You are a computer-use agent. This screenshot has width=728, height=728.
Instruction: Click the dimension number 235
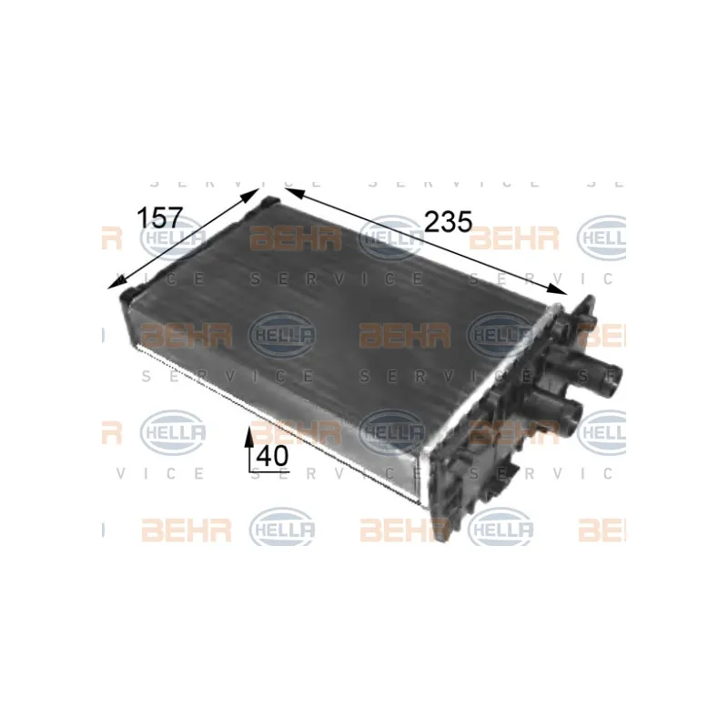tap(448, 221)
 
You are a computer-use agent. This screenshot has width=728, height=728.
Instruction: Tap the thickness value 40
tap(272, 457)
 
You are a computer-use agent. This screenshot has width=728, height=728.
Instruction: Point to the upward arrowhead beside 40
tap(249, 437)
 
